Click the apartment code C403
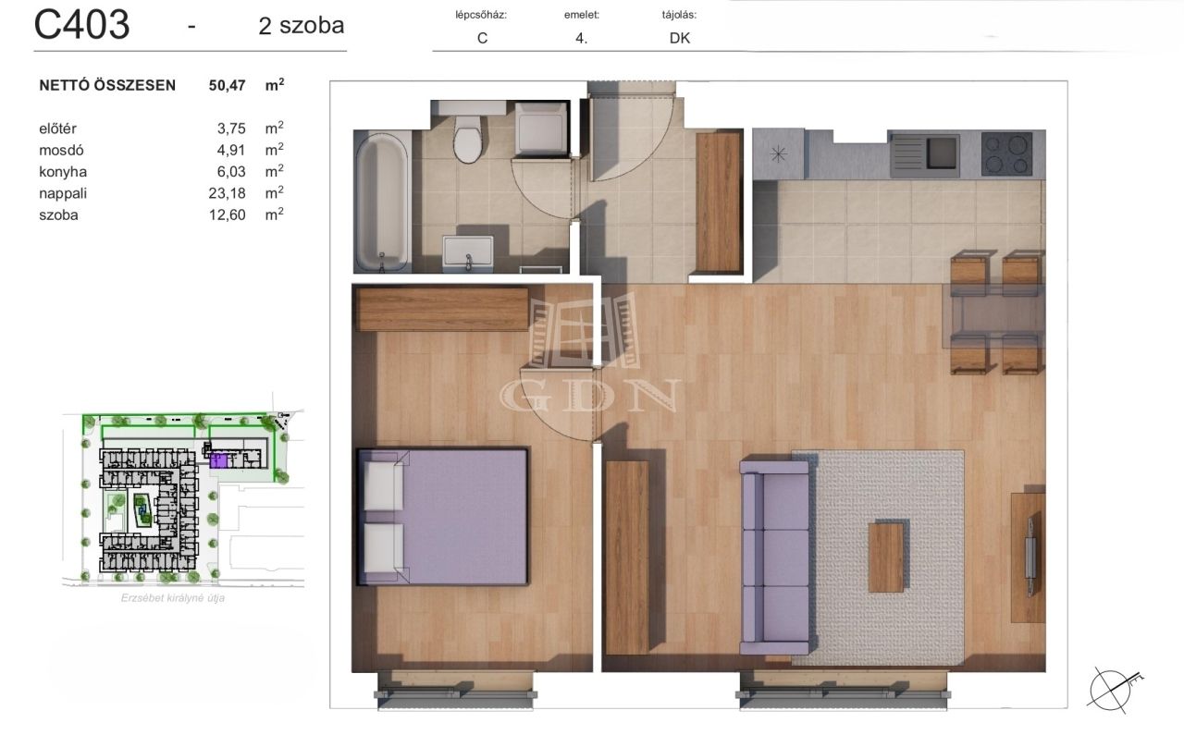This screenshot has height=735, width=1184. click(x=82, y=25)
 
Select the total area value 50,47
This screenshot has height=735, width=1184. click(x=227, y=86)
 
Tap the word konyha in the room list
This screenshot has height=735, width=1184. click(x=63, y=172)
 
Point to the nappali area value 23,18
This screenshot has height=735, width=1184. click(x=227, y=193)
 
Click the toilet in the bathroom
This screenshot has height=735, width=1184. click(x=468, y=139)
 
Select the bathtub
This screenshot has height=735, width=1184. click(x=382, y=202)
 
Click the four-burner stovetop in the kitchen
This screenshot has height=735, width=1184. click(x=1006, y=153)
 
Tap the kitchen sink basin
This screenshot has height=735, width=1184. click(x=942, y=153)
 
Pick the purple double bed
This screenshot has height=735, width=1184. click(x=443, y=517)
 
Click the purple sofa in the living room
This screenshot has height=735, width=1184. click(x=775, y=557)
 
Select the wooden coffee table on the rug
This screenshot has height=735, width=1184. click(x=886, y=557)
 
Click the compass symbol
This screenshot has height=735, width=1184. click(x=1111, y=690)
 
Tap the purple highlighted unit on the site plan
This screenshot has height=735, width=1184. click(x=218, y=460)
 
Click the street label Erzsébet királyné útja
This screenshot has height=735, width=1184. click(x=173, y=598)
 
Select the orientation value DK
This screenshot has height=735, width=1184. click(x=680, y=38)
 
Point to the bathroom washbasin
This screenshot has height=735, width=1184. click(x=468, y=253)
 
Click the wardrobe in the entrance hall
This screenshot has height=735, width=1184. click(x=718, y=202)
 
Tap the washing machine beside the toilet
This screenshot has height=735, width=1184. click(x=541, y=129)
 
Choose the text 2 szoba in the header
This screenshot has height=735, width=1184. click(x=302, y=25)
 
